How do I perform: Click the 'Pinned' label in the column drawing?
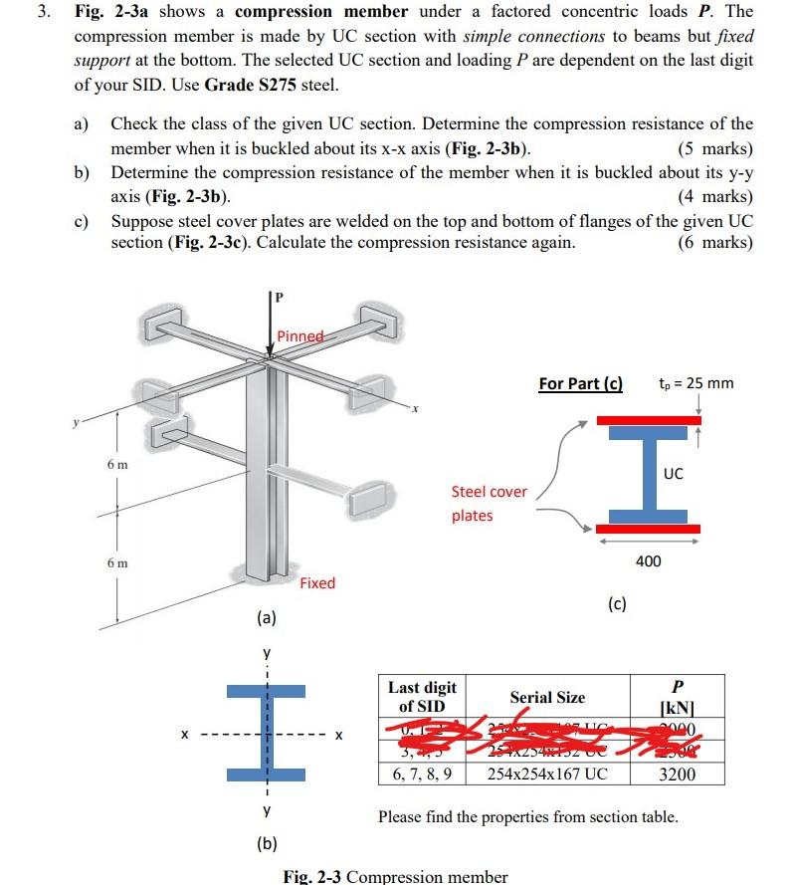point(300,336)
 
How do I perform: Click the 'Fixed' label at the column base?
point(317,582)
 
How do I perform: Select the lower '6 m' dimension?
point(117,563)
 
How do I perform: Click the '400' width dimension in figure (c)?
point(648,562)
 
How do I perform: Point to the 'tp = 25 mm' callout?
point(695,382)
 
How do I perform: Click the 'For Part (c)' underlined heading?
point(580,383)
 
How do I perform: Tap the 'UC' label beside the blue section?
point(674,474)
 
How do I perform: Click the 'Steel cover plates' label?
point(489,503)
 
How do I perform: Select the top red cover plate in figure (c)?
point(649,420)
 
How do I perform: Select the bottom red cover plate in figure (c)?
point(649,528)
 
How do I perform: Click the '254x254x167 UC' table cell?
point(546,774)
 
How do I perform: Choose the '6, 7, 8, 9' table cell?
point(422,774)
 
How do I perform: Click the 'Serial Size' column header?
point(547,697)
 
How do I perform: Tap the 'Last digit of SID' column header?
point(422,697)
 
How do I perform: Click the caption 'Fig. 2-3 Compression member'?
point(395,876)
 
